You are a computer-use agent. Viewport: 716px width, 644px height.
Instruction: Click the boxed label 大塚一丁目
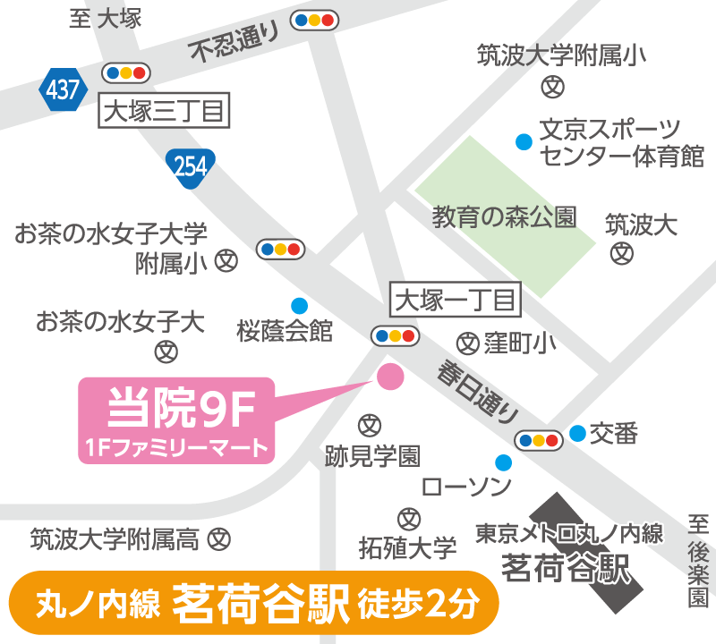click(456, 300)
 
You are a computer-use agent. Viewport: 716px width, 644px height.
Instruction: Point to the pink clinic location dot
click(390, 377)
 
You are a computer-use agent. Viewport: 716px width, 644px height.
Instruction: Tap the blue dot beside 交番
click(578, 434)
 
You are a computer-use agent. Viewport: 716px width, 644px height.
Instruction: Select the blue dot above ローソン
click(504, 462)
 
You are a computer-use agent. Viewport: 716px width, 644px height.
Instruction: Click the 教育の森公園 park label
click(505, 217)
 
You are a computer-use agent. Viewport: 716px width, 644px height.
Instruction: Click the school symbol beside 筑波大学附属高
click(219, 539)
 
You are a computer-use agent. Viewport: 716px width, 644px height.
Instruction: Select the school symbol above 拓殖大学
click(408, 518)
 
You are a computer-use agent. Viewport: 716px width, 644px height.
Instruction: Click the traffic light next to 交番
click(538, 440)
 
